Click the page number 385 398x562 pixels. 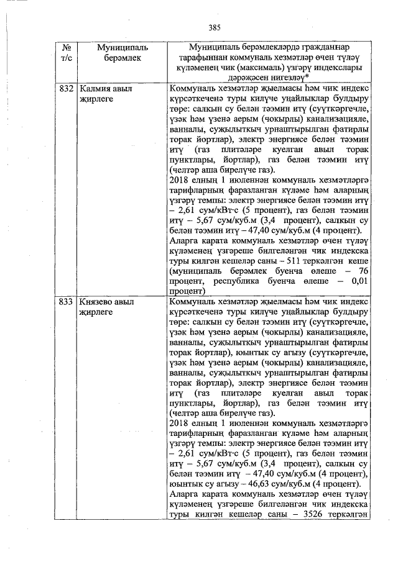(215, 27)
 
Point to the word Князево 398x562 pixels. (99, 302)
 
